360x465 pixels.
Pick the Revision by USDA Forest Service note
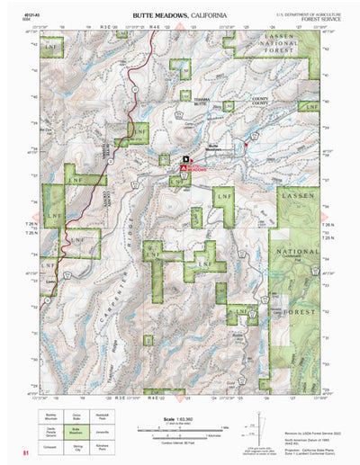tap(310, 410)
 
